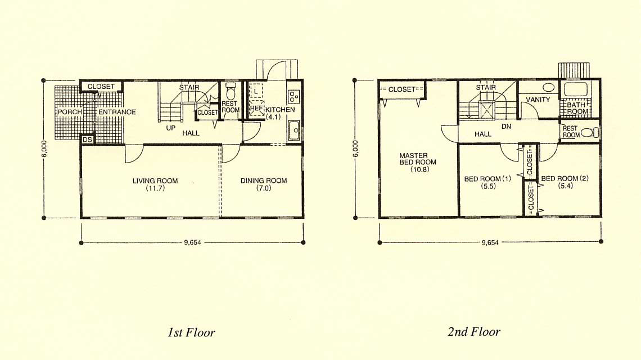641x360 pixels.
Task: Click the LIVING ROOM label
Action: tap(155, 181)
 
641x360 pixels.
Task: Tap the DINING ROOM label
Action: tap(264, 181)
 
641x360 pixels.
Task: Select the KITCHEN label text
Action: tap(280, 110)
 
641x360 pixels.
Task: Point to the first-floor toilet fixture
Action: tap(231, 91)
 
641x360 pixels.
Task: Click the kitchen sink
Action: tap(294, 131)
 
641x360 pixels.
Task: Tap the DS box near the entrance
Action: tap(88, 140)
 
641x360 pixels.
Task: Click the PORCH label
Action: tap(70, 112)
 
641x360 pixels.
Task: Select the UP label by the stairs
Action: tap(171, 128)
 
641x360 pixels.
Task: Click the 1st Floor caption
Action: tap(191, 332)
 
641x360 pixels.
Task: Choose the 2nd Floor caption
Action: tap(474, 331)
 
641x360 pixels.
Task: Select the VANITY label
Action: tap(538, 100)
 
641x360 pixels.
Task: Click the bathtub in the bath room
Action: tap(576, 89)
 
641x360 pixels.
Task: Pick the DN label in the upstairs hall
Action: tap(506, 127)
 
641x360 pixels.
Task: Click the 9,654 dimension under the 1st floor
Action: tap(192, 242)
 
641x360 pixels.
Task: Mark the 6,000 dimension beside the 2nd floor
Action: tap(355, 148)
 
